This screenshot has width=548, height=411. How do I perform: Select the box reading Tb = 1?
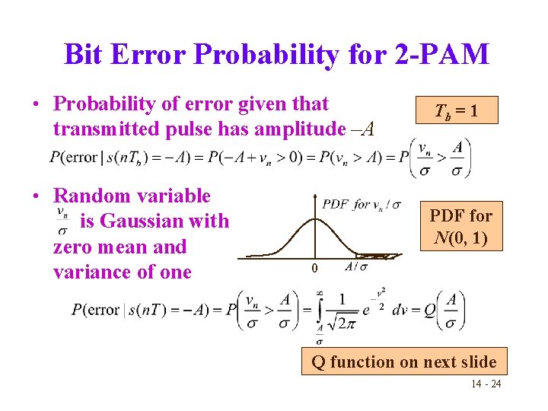(x=456, y=110)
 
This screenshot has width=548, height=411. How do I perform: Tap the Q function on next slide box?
(x=403, y=362)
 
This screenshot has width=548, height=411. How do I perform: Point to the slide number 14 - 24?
(x=486, y=384)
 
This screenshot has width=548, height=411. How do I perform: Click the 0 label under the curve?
(x=314, y=269)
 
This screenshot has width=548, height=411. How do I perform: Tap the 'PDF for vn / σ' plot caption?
(x=362, y=204)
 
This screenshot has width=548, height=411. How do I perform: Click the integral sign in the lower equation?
(x=320, y=311)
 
